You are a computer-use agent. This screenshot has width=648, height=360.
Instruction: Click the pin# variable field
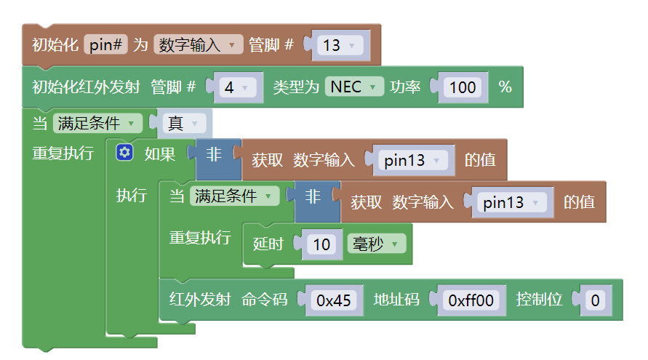pyautogui.click(x=106, y=45)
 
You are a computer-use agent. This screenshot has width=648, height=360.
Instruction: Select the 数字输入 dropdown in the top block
pyautogui.click(x=197, y=45)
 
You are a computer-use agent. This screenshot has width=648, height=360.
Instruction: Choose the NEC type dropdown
pyautogui.click(x=354, y=87)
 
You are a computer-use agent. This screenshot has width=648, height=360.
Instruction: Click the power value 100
pyautogui.click(x=463, y=87)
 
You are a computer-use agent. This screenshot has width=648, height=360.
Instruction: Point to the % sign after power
pyautogui.click(x=505, y=87)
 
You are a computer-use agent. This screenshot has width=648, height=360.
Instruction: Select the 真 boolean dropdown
pyautogui.click(x=184, y=123)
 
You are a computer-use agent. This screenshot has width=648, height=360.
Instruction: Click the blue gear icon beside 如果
pyautogui.click(x=125, y=153)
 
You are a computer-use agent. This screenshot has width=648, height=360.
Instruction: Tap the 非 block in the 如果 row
pyautogui.click(x=215, y=154)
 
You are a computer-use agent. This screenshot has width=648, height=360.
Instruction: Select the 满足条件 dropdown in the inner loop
pyautogui.click(x=234, y=196)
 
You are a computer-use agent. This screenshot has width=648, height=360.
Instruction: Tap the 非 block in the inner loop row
pyautogui.click(x=313, y=196)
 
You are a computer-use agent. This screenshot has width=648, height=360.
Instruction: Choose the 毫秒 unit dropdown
pyautogui.click(x=375, y=244)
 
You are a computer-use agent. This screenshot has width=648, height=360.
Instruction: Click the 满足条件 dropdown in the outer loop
pyautogui.click(x=97, y=123)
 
